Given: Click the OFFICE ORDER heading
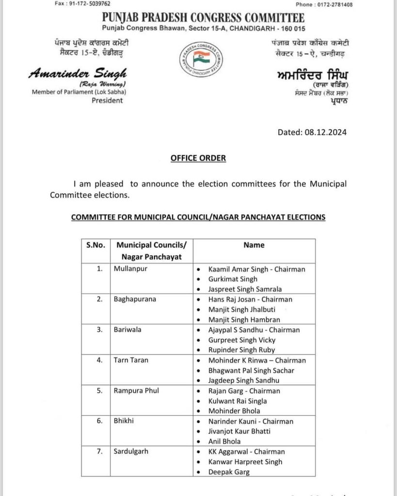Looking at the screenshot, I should [198, 158].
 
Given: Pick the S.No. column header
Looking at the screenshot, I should [95, 245].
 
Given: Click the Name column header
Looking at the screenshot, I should [254, 245].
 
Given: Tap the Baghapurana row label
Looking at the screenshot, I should [135, 299].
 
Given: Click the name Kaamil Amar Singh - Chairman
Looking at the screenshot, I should [256, 269].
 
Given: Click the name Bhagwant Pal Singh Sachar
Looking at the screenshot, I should [251, 370].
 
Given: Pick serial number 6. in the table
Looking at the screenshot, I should [99, 421].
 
